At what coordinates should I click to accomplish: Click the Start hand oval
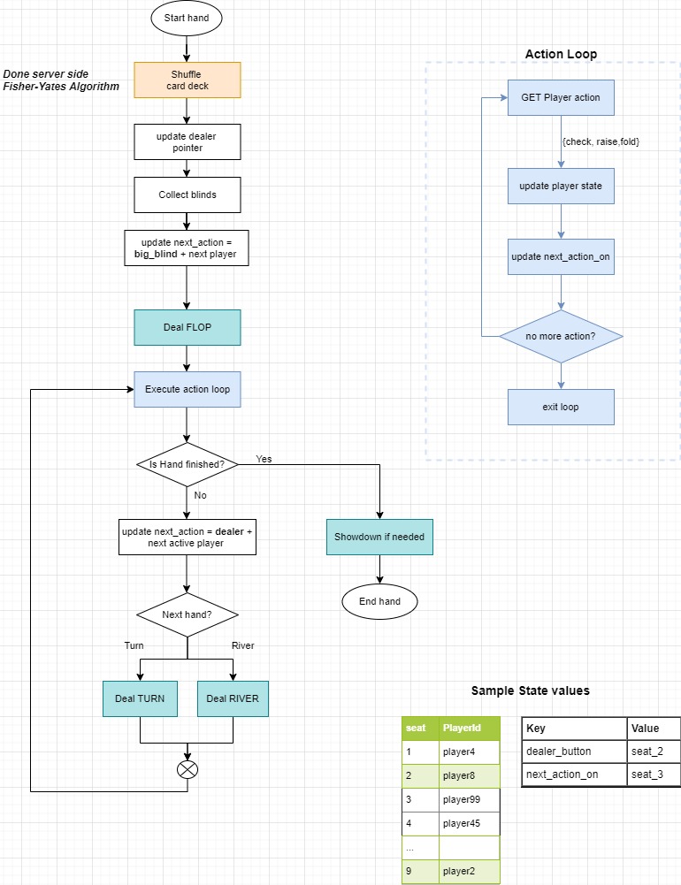tap(187, 18)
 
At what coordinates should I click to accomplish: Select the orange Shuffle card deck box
tap(187, 80)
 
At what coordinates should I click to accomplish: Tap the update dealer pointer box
tap(187, 141)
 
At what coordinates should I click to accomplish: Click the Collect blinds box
tap(187, 195)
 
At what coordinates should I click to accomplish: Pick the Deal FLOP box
tap(187, 327)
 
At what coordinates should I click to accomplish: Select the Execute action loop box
tap(187, 389)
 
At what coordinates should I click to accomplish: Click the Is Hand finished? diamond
tap(187, 464)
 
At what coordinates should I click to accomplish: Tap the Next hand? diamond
tap(187, 614)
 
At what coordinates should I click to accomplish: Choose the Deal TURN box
tap(140, 698)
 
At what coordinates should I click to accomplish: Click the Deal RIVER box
tap(233, 698)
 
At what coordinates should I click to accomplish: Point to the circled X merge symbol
tap(187, 769)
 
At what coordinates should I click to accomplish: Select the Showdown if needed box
tap(379, 537)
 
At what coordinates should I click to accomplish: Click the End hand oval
tap(379, 601)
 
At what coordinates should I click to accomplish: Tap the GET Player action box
tap(561, 97)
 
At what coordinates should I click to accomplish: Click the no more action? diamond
tap(561, 336)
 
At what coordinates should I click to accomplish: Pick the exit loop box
tap(561, 407)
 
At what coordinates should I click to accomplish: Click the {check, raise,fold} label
tap(601, 141)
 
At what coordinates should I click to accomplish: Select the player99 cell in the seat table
tap(469, 799)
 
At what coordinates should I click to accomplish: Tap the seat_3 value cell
tap(654, 775)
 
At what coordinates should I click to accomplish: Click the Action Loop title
tap(561, 54)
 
